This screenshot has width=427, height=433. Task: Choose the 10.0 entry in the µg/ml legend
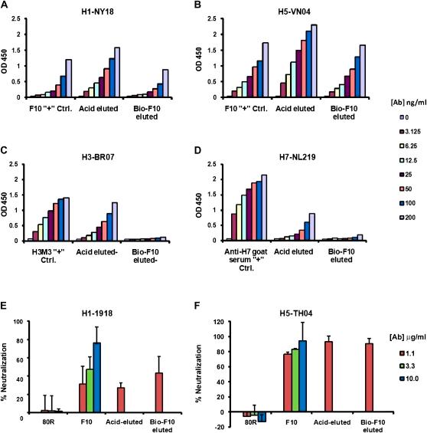401,392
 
